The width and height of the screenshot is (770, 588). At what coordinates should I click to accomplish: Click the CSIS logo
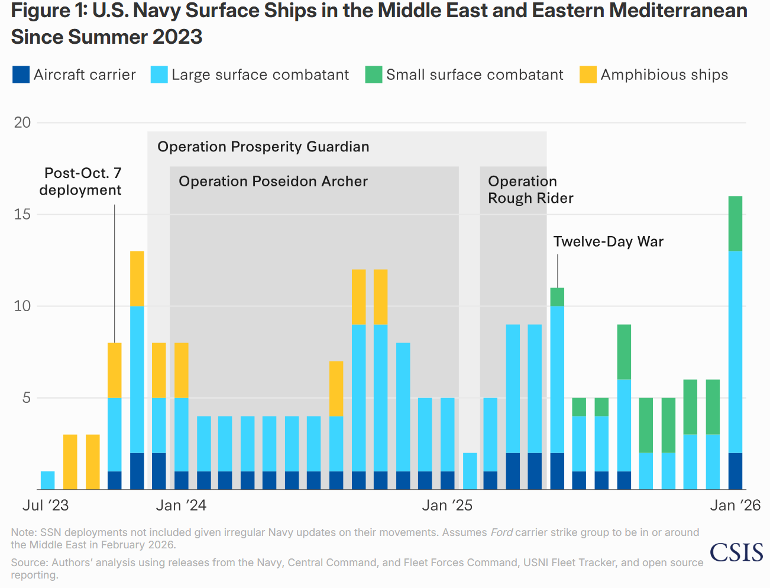point(736,552)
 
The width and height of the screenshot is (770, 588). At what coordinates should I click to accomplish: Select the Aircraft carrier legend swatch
point(21,75)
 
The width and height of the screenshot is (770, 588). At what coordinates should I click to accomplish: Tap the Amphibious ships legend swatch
point(588,75)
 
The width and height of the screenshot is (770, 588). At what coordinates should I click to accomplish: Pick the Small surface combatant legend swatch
point(374,75)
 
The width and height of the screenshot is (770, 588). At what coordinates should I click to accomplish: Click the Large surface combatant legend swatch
point(159,75)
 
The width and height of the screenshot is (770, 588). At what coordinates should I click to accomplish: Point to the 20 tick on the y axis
point(22,122)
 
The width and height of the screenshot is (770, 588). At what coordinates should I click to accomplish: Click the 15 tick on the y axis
point(22,214)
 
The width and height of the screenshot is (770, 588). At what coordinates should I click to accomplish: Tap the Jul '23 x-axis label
point(46,505)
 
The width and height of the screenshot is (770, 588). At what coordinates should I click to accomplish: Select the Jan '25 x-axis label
point(447,505)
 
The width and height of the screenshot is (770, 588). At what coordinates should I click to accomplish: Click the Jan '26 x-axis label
point(735,505)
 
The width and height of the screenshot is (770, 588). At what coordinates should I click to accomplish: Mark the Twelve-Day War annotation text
point(608,241)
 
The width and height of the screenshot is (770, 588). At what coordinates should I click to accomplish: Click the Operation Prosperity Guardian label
point(263,147)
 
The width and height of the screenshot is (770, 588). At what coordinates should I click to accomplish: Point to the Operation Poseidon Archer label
point(273,181)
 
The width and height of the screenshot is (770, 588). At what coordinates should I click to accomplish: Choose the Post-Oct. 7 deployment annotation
point(81,182)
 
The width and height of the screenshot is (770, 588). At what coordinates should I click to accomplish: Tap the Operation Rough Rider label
point(530,189)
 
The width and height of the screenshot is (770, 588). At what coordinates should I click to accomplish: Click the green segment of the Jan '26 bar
point(735,223)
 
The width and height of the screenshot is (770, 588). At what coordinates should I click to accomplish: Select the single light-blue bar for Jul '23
point(48,480)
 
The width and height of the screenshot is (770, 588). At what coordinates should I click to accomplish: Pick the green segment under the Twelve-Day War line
point(557,296)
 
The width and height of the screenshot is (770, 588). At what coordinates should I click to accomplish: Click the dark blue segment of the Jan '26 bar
point(735,471)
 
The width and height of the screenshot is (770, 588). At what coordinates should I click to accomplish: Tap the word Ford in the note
point(501,532)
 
